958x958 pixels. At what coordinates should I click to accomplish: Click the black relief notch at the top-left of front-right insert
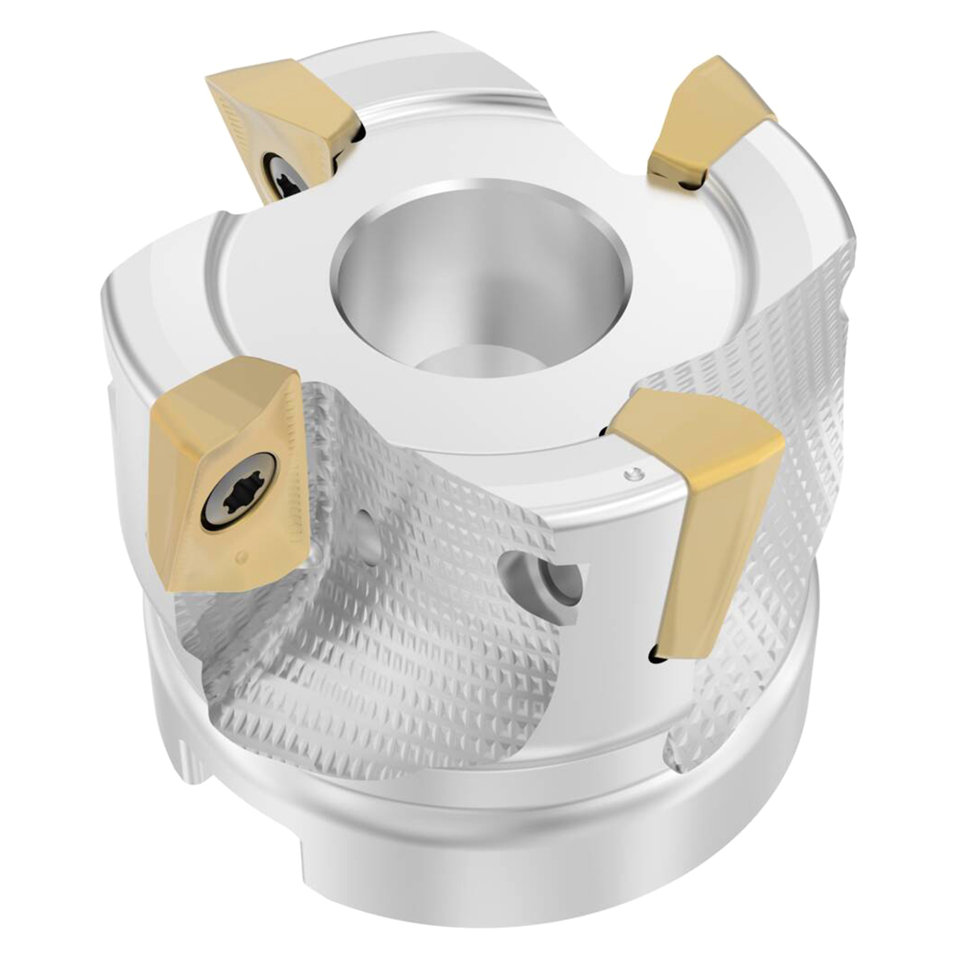pos(606,430)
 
